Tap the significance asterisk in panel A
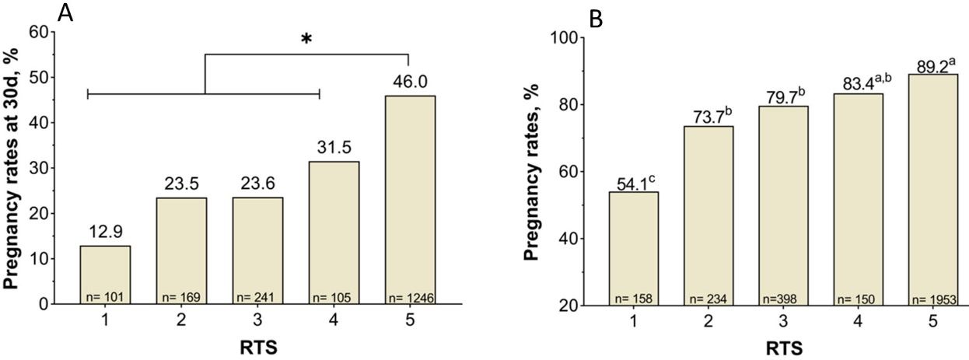pos(306,39)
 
